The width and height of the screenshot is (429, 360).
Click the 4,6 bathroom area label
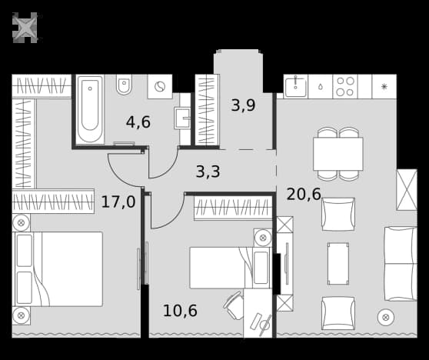(138, 122)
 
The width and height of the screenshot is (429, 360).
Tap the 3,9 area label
(243, 105)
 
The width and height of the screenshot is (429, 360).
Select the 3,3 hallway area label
(208, 172)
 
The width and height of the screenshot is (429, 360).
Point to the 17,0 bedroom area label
(118, 202)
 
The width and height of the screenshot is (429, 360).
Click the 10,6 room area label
(180, 311)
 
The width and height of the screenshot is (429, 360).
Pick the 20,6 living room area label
(304, 194)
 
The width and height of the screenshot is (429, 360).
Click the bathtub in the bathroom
(90, 109)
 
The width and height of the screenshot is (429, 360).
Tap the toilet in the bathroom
(125, 84)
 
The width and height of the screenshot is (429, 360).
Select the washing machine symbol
(160, 86)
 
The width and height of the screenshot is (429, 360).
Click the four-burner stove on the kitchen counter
(345, 86)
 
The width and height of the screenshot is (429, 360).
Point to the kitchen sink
(295, 86)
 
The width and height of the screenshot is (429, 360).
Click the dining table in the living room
(338, 154)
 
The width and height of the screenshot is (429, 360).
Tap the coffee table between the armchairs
(338, 264)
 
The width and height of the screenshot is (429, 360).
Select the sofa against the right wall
(401, 264)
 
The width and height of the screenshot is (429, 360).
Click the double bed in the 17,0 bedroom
(58, 269)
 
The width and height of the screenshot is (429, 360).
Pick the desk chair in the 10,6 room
(234, 305)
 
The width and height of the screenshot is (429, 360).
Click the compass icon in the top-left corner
(25, 28)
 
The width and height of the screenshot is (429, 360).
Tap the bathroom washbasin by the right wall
(182, 118)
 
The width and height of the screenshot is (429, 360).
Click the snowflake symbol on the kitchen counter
(384, 87)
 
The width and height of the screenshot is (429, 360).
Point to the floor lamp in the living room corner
(386, 318)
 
